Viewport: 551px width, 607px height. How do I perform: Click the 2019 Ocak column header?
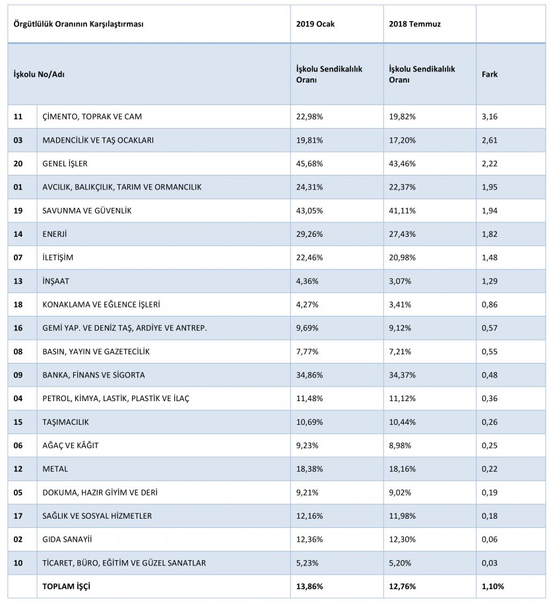point(315,24)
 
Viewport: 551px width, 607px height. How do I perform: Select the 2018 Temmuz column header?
point(414,24)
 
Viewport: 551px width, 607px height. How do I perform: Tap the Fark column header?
point(490,75)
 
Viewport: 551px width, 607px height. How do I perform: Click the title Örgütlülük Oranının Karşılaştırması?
point(79,24)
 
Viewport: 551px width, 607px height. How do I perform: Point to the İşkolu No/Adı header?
point(39,75)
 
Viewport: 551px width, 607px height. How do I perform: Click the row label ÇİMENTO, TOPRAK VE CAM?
point(92,117)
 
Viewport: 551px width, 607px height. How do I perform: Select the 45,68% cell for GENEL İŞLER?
point(309,164)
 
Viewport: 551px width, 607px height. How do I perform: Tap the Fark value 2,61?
point(490,140)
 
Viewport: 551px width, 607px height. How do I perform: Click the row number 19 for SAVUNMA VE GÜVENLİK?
point(18,210)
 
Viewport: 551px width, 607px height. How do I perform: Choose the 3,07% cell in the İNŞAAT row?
point(400,281)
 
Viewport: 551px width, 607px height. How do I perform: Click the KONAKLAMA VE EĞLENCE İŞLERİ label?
point(101,305)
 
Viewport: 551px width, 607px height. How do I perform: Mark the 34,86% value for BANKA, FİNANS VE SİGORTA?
point(309,375)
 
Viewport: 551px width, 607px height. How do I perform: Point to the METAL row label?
point(55,469)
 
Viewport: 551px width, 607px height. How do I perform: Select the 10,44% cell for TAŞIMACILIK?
point(403,422)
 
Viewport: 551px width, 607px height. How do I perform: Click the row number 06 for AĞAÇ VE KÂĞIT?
point(18,445)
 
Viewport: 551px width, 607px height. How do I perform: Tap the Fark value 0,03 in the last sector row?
point(490,563)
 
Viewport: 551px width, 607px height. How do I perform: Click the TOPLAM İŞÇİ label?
point(66,587)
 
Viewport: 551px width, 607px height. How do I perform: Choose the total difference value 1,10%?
point(493,587)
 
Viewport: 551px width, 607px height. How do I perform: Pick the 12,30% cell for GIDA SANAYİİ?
point(403,539)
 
